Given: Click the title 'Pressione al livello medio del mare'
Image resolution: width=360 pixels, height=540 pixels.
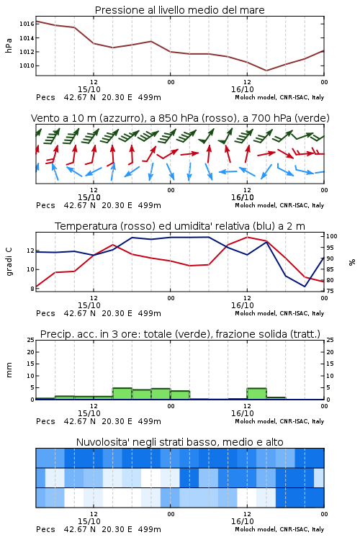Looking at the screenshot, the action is (x=179, y=10).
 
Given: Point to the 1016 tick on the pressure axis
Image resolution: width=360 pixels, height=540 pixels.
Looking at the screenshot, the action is (x=27, y=24).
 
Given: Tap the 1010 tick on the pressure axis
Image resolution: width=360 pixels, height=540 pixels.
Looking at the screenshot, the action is (x=27, y=66).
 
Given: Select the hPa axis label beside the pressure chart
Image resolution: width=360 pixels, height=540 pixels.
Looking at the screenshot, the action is (x=9, y=45).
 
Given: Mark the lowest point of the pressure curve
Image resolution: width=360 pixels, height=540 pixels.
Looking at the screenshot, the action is (x=266, y=71).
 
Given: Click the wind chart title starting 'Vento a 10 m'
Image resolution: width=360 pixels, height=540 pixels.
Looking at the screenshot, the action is (x=180, y=118).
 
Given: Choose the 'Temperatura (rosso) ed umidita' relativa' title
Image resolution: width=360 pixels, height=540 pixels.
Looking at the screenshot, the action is (x=179, y=226).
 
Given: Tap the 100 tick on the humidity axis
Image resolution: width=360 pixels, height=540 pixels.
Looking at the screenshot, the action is (x=331, y=236).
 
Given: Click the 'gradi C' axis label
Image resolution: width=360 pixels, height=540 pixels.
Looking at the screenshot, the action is (x=9, y=261).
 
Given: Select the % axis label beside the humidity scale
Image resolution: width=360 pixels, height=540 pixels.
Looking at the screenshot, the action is (x=352, y=262).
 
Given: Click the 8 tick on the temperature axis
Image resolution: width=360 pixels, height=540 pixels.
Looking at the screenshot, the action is (x=32, y=289).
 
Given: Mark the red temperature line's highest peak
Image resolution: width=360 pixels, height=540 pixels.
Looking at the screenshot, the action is (x=247, y=237).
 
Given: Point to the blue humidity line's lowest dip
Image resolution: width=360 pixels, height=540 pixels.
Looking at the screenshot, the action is (x=305, y=286).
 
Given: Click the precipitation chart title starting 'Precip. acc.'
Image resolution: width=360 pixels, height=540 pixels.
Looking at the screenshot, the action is (x=180, y=334).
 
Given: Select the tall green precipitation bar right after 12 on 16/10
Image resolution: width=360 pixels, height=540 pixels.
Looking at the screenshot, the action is (x=256, y=394).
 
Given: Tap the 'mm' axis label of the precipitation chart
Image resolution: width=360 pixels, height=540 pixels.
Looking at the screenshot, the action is (x=9, y=370).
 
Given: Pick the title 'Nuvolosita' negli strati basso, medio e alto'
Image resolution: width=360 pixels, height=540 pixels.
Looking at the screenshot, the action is (x=179, y=442).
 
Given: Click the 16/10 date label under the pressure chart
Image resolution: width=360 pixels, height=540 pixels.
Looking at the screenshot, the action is (x=243, y=89).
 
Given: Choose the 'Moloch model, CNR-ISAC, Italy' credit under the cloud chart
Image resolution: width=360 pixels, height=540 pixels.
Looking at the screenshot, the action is (x=279, y=529).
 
